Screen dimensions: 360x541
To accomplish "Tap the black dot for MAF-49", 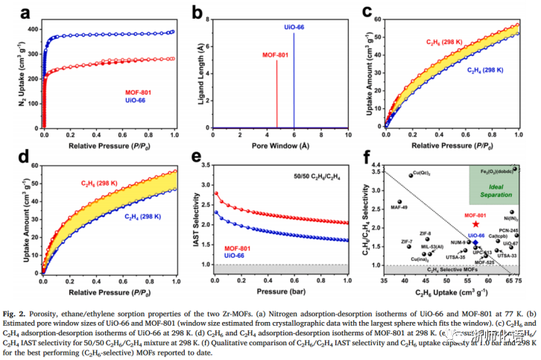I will point(399,202).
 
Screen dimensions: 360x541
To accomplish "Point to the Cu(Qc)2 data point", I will point(411,175).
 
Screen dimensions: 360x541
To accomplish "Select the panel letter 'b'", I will point(197,13).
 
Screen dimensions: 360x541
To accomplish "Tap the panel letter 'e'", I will point(197,157).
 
